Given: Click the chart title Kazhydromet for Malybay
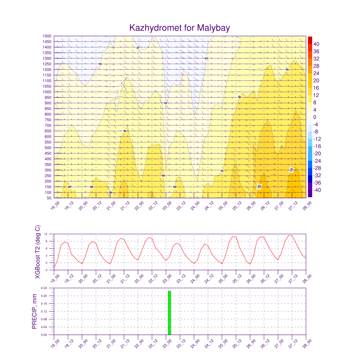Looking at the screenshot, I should (x=180, y=28).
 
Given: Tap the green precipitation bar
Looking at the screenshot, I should (x=169, y=313).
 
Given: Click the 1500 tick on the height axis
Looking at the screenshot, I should (x=47, y=36).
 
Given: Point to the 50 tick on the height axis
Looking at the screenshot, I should (x=49, y=198).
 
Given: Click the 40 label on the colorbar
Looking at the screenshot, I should (x=316, y=44).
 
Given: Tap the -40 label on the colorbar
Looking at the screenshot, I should (x=317, y=190).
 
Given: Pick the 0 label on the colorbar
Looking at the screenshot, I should (x=315, y=117).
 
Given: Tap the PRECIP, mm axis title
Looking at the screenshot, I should (x=34, y=311).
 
